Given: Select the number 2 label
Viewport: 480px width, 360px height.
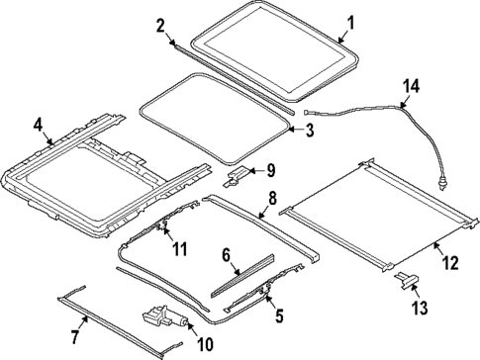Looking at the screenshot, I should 159,26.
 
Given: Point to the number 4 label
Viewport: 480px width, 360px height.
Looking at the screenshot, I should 37,125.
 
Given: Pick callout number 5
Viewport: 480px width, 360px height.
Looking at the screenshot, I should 278,316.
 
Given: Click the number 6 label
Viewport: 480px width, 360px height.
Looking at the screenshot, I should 227,255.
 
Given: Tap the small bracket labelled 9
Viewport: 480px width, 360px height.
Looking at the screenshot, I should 240,175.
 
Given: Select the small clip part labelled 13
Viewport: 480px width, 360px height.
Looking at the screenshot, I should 405,281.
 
